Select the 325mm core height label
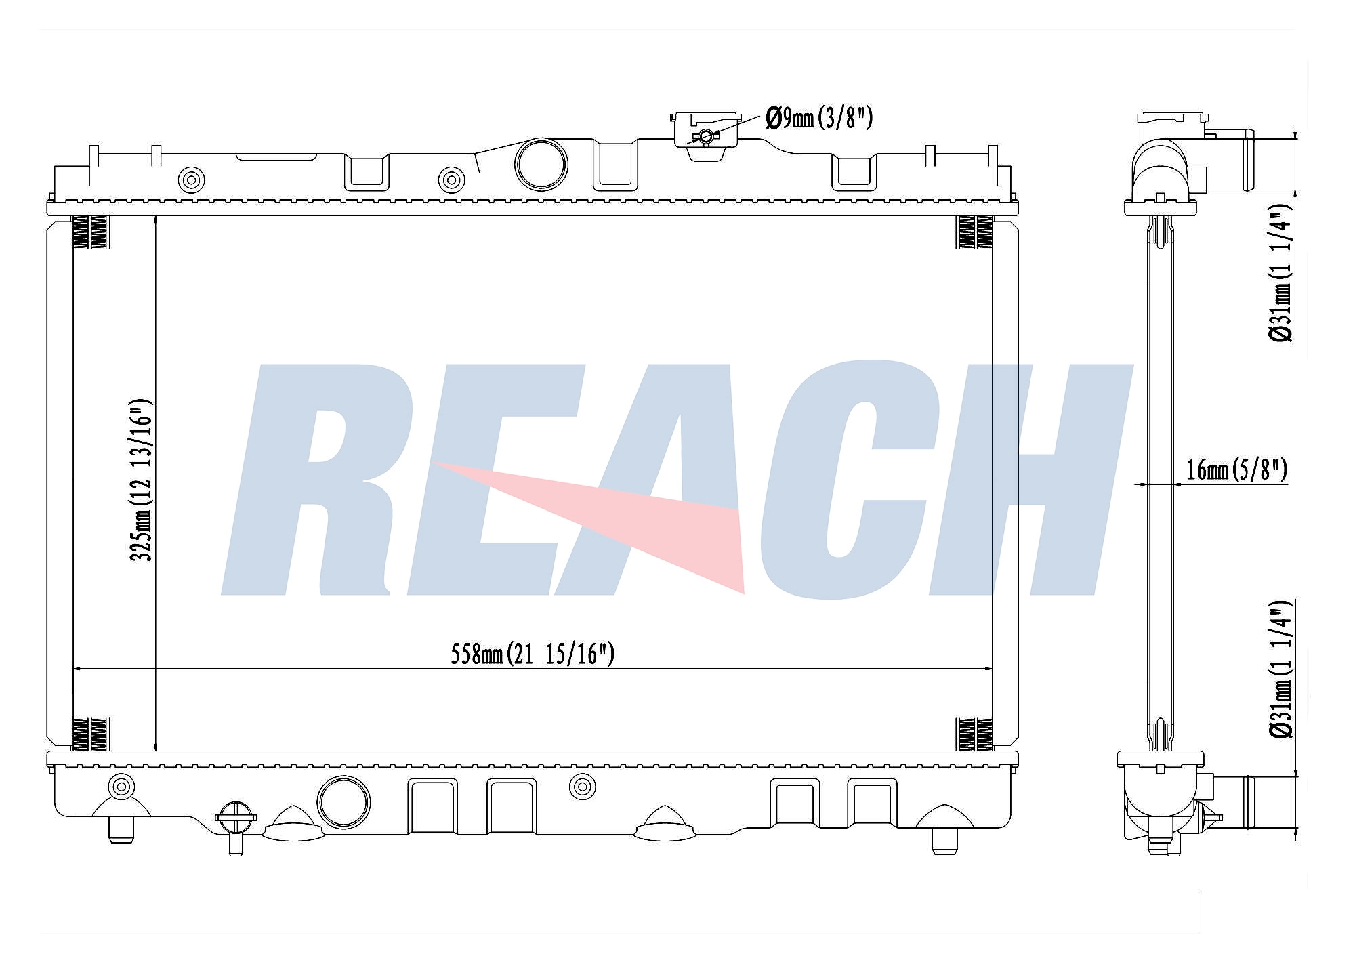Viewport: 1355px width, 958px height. [142, 480]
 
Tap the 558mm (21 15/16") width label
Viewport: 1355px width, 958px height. [533, 654]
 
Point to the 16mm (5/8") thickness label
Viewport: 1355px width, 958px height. [1236, 469]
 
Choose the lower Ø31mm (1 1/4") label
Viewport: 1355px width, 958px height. [1282, 669]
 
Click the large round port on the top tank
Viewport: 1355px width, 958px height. [541, 164]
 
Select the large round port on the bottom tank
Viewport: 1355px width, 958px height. [343, 801]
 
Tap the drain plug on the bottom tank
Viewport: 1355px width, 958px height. [235, 827]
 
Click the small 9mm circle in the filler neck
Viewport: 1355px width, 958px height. [706, 136]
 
